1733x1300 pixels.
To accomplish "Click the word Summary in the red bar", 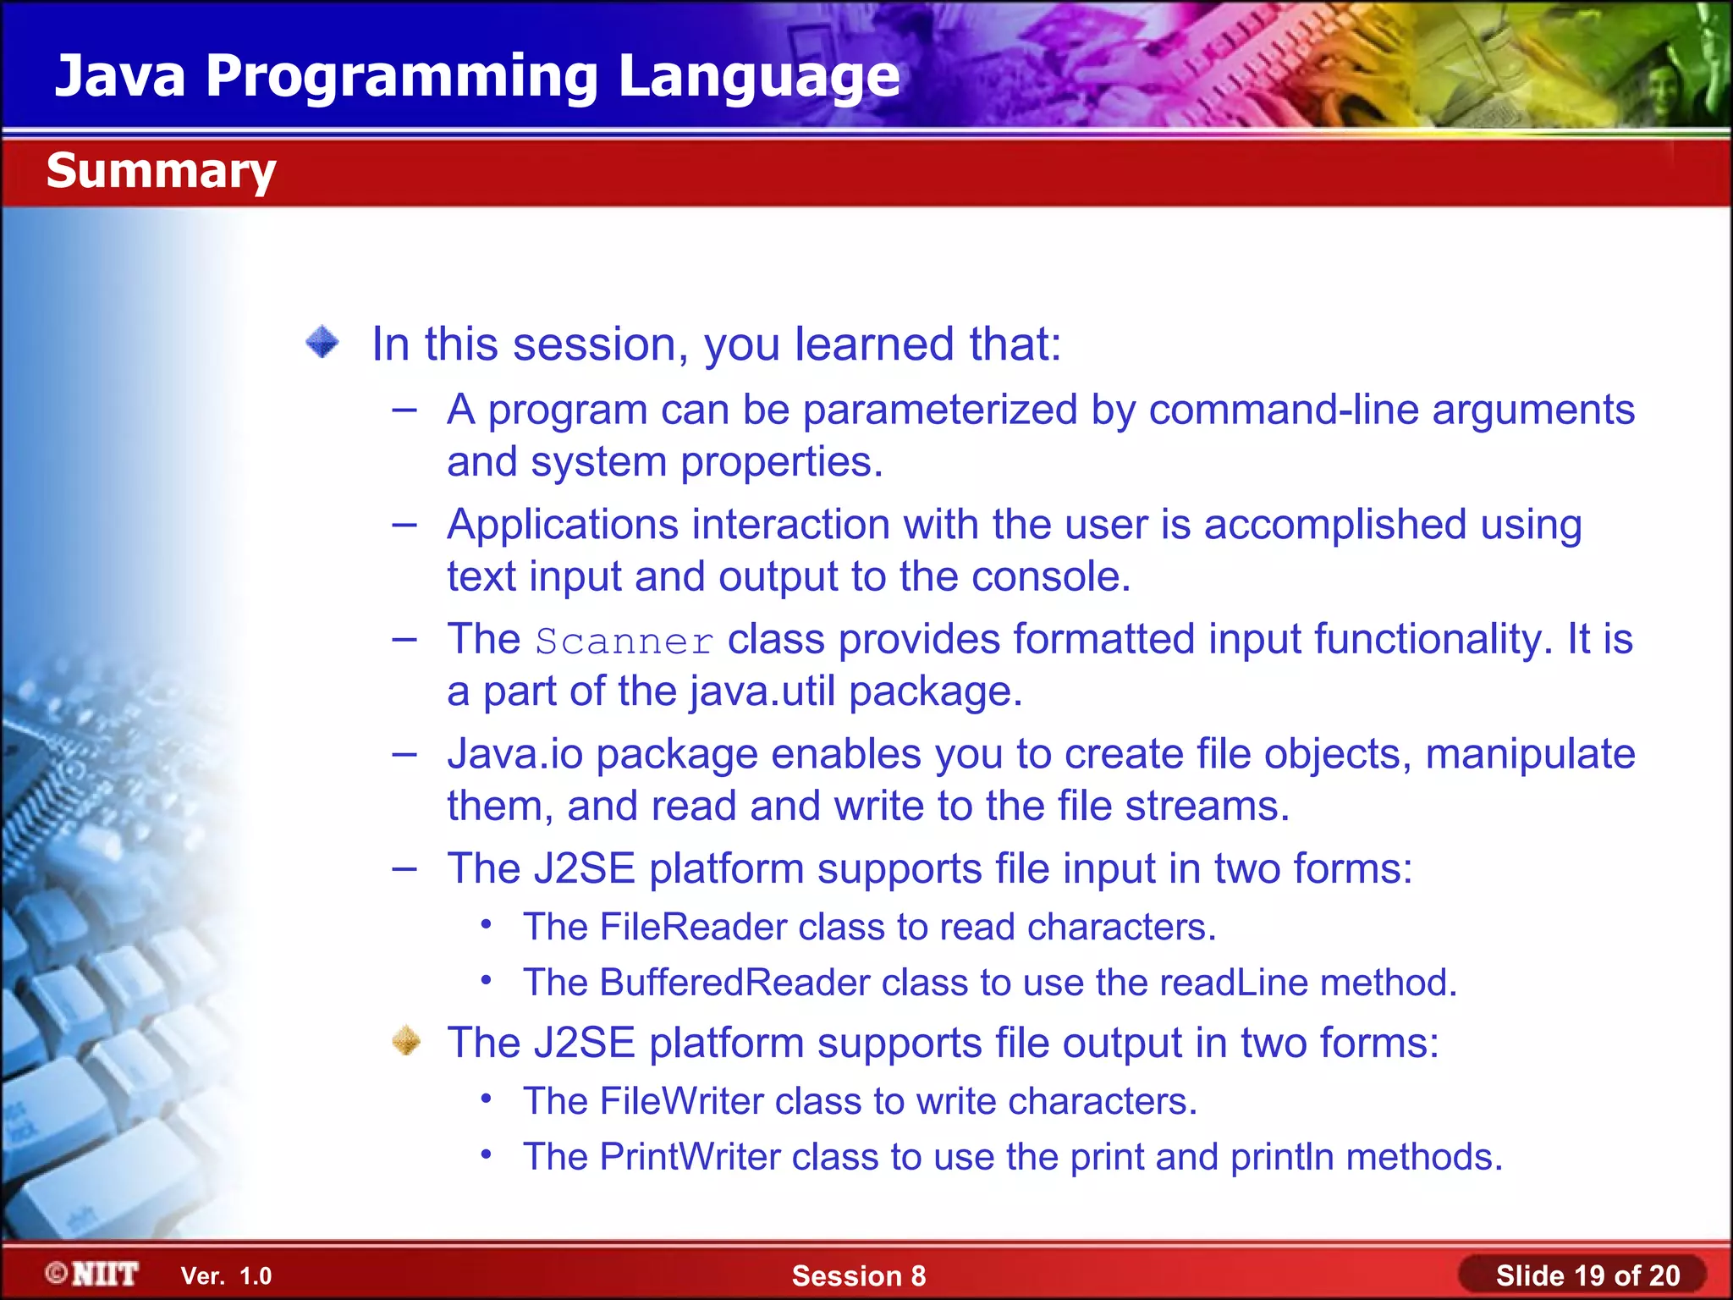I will click(161, 171).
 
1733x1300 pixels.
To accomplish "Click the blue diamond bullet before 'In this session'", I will click(322, 343).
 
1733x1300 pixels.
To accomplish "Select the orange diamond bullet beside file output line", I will click(407, 1040).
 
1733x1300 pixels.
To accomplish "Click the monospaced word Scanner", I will click(624, 642).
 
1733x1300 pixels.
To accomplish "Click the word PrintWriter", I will click(690, 1157).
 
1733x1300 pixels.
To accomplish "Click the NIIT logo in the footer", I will click(93, 1274).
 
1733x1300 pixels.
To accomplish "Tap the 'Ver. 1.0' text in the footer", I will click(226, 1275).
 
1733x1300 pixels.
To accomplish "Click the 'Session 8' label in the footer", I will click(858, 1275).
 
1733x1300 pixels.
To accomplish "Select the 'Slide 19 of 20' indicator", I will click(1587, 1275).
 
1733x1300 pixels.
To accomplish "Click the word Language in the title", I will click(758, 76).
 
